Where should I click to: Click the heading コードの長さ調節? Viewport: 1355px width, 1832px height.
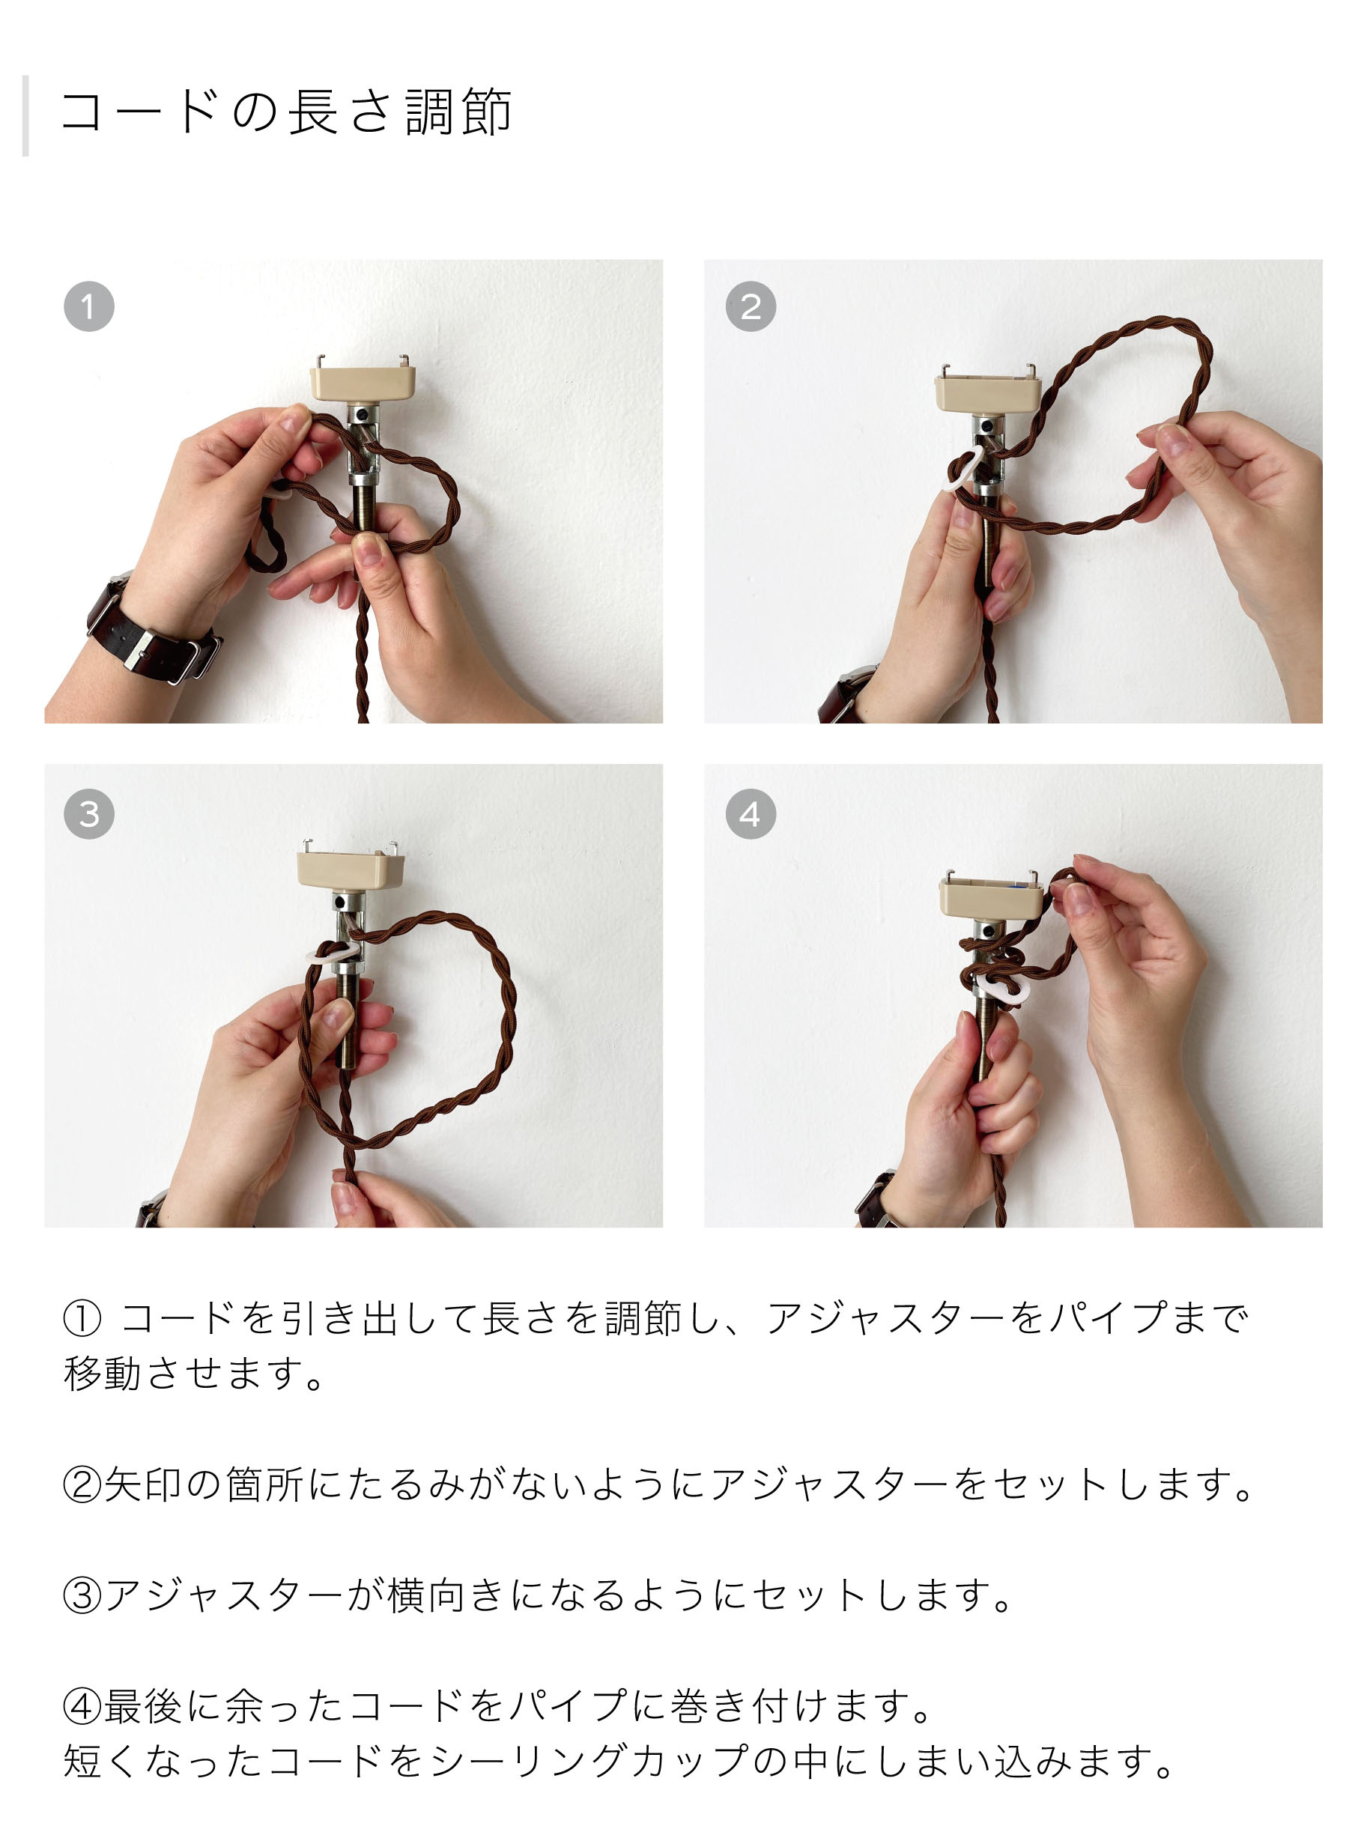(286, 112)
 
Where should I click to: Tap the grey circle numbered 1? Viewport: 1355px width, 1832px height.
(88, 306)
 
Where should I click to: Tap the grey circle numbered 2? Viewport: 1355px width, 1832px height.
(751, 306)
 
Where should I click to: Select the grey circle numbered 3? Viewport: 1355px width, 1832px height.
(88, 813)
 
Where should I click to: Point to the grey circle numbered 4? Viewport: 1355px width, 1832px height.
(751, 813)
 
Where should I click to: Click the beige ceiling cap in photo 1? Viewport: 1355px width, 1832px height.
(363, 383)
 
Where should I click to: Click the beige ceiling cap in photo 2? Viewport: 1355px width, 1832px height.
(987, 392)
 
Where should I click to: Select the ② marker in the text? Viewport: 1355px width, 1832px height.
(82, 1484)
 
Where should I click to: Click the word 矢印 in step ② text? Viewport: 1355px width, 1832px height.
(144, 1484)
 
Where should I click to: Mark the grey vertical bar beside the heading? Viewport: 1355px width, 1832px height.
(25, 115)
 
